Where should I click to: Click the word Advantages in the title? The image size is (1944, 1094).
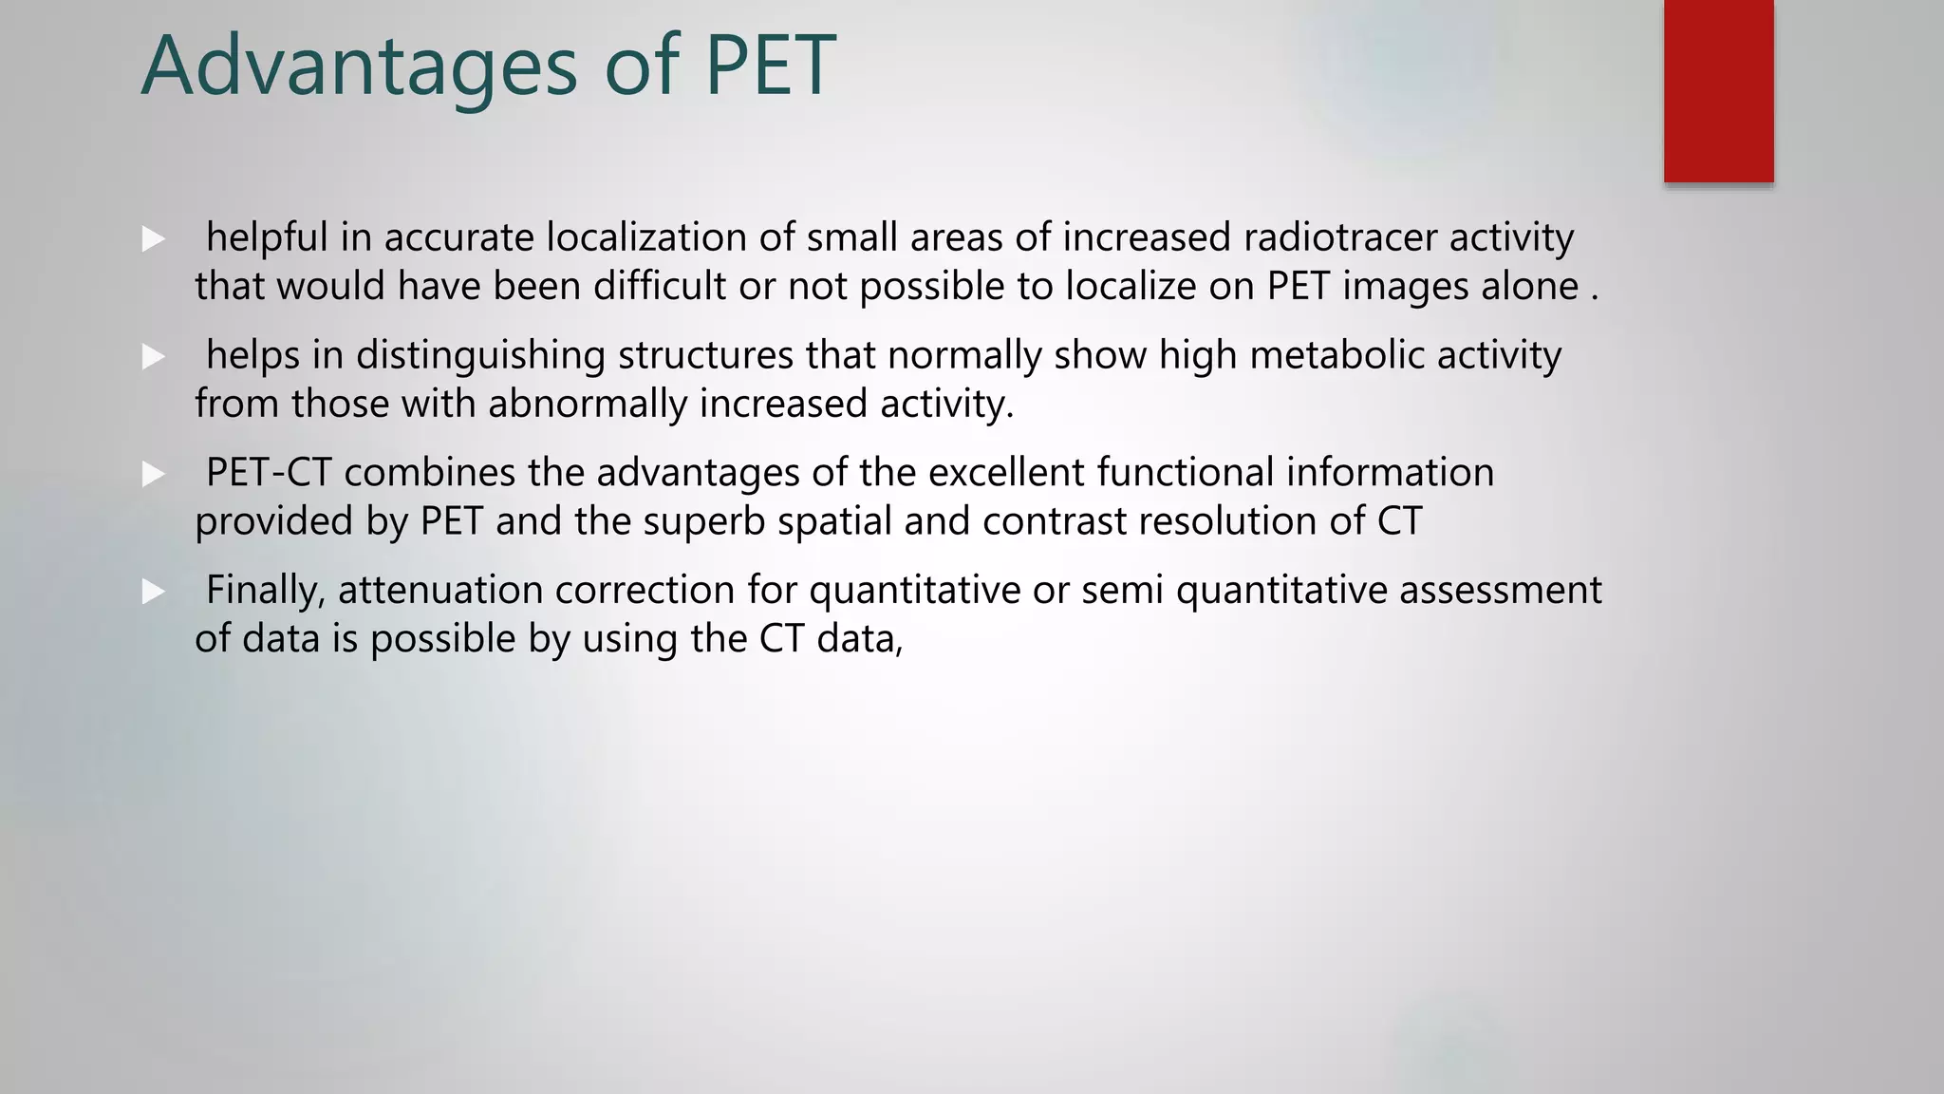coord(359,66)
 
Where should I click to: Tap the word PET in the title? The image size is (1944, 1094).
coord(770,66)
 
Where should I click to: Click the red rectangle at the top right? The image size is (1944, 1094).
coord(1718,90)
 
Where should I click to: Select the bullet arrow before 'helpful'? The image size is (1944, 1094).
coord(153,239)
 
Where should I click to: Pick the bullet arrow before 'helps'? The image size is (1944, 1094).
coord(153,357)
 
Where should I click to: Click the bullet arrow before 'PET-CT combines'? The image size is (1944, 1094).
coord(153,474)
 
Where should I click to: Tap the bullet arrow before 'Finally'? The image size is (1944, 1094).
coord(153,592)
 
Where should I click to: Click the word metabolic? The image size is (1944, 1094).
coord(1336,355)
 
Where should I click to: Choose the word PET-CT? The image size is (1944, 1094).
coord(269,473)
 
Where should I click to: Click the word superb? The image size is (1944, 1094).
coord(703,521)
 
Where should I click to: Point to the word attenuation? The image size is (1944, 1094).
coord(440,591)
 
